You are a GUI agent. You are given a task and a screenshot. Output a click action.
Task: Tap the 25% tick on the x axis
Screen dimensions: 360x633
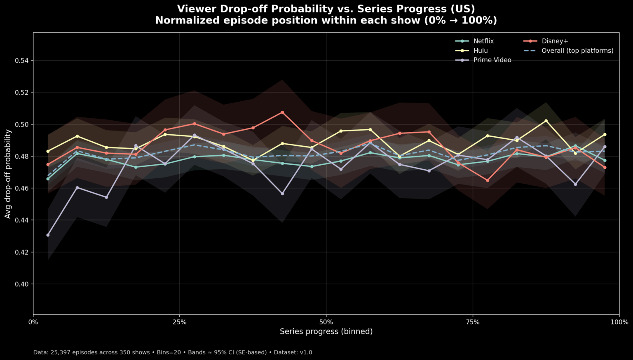click(x=180, y=322)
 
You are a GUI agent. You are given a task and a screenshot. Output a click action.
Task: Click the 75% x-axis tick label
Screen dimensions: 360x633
click(x=473, y=322)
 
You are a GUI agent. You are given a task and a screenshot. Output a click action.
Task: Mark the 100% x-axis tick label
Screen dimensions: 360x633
click(x=619, y=322)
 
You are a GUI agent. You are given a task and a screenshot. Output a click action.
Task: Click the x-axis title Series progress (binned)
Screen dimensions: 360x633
click(x=326, y=332)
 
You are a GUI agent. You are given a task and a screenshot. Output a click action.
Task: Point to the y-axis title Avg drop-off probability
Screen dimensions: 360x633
click(x=8, y=173)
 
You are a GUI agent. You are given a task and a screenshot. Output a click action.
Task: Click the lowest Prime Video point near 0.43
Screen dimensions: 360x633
click(x=48, y=235)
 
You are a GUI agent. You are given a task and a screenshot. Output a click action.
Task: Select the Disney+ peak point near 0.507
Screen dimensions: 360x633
click(x=282, y=112)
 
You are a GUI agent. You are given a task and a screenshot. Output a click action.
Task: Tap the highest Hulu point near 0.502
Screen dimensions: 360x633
click(x=546, y=121)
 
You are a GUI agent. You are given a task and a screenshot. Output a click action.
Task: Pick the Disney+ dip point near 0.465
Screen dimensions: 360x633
click(x=488, y=180)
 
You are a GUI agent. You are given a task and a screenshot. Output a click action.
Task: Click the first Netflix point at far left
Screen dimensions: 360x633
click(x=48, y=179)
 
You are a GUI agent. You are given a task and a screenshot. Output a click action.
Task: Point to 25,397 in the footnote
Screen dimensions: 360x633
click(x=61, y=353)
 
